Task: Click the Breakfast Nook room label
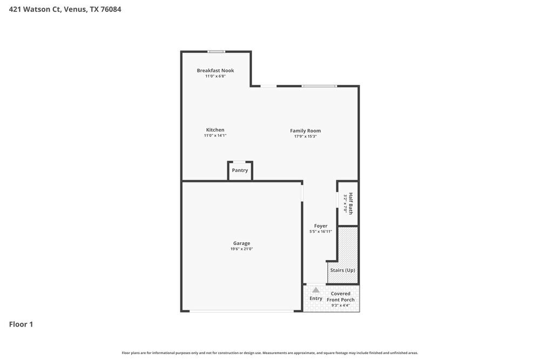(x=215, y=71)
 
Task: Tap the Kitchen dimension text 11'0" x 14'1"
(x=215, y=135)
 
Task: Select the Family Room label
(x=305, y=131)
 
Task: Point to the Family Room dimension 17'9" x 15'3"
(x=305, y=137)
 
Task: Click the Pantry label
(x=240, y=171)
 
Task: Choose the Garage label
(x=241, y=243)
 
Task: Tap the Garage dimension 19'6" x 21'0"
(x=241, y=249)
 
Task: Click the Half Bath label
(x=350, y=203)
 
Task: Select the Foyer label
(x=321, y=226)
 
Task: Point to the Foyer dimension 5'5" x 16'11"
(x=321, y=232)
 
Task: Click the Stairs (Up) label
(x=342, y=270)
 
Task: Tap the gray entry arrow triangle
(x=316, y=290)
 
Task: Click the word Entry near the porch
(x=316, y=298)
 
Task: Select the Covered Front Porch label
(x=341, y=297)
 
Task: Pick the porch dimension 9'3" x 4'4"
(x=341, y=305)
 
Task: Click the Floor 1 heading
(x=21, y=324)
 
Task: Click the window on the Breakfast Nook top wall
(x=217, y=52)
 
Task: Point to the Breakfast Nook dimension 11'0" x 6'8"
(x=215, y=77)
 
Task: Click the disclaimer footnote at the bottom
(x=269, y=353)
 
